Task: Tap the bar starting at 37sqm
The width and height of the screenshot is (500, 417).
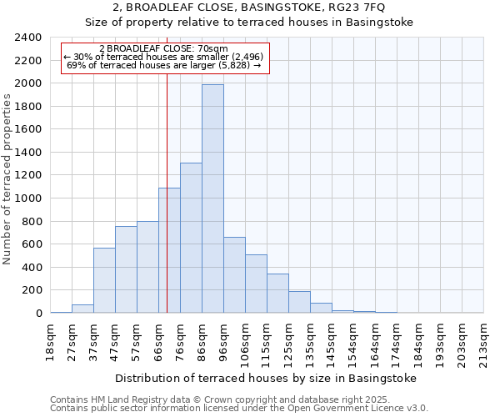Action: (x=104, y=280)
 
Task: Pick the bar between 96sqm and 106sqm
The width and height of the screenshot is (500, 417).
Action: (x=234, y=275)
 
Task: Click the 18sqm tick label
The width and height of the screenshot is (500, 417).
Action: (x=50, y=340)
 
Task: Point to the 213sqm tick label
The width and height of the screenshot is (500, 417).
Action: (x=483, y=340)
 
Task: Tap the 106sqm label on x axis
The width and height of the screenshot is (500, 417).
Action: (x=245, y=342)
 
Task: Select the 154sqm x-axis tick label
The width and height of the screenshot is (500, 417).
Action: (x=353, y=342)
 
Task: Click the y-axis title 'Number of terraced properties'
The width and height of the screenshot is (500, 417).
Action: (x=7, y=179)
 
